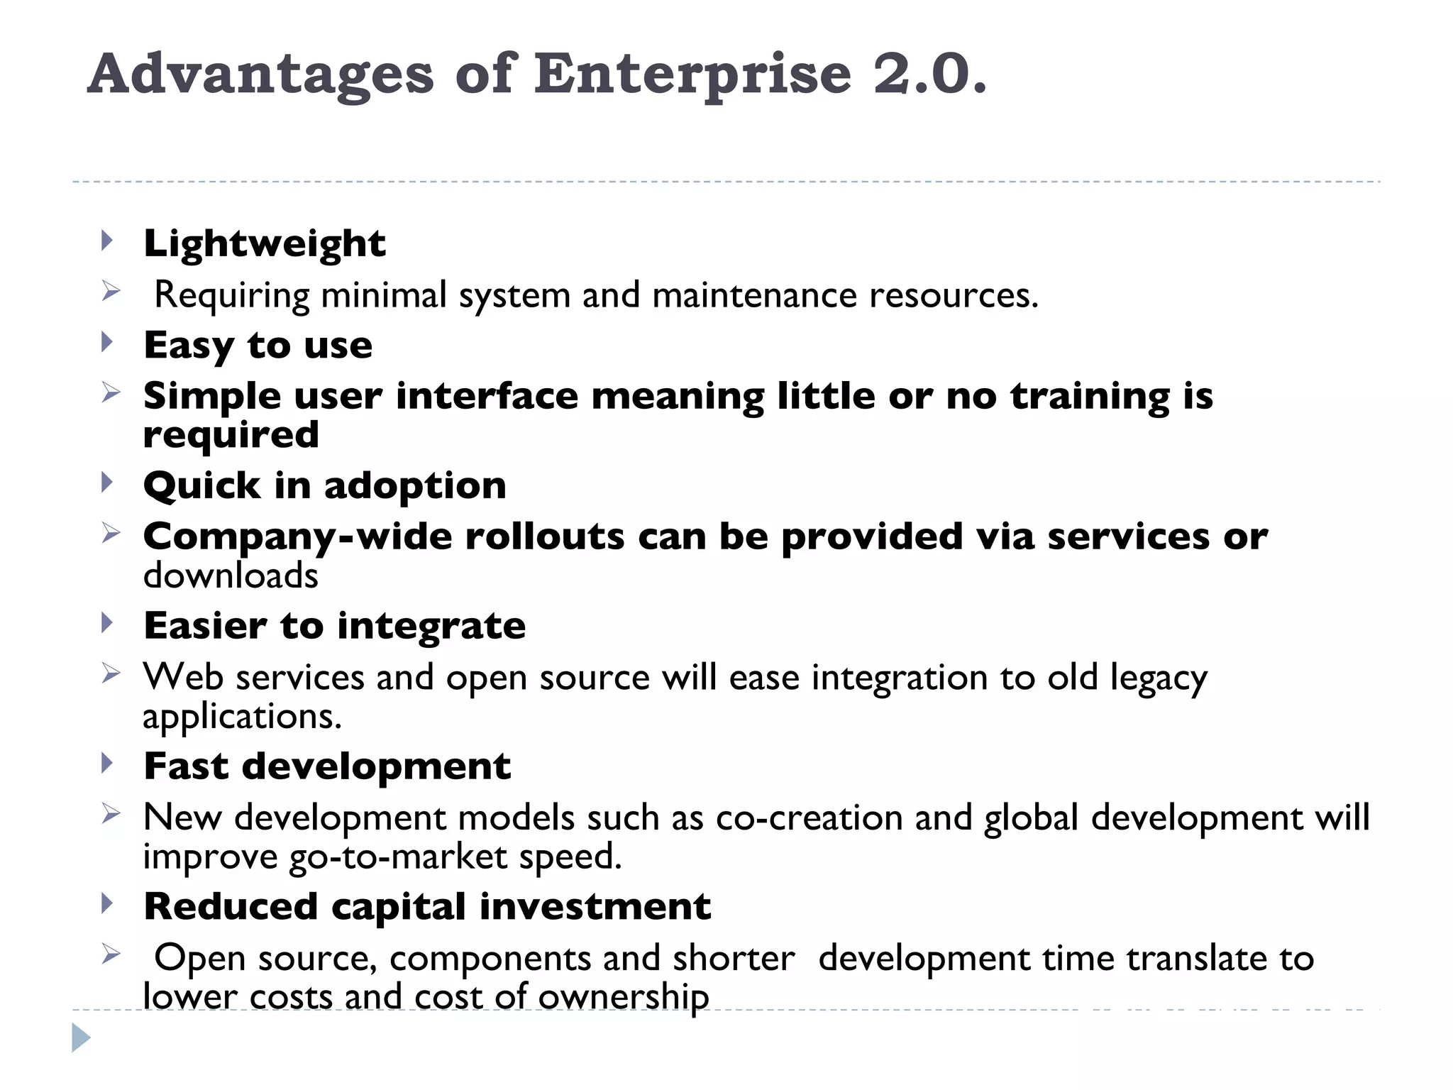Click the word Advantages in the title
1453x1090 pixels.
[260, 75]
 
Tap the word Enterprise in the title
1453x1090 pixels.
[692, 75]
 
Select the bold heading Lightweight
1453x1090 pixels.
[265, 244]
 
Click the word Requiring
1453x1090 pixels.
[232, 295]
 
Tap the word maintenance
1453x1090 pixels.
[754, 295]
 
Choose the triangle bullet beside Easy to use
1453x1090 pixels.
[107, 342]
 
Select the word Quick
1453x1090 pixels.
[202, 486]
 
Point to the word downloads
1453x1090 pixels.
[231, 576]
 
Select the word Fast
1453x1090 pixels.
[187, 766]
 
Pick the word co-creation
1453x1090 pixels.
[809, 818]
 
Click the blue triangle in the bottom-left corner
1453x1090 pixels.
[81, 1038]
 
